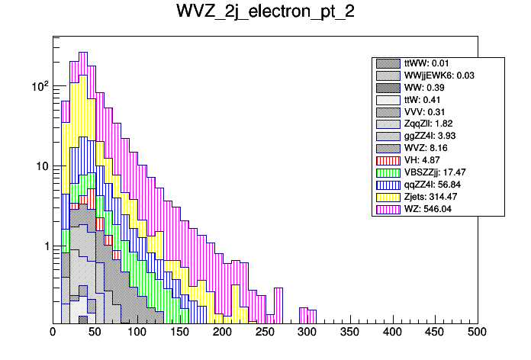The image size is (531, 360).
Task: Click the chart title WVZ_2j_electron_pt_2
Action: [x=265, y=13]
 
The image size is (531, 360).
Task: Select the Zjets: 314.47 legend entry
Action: [x=436, y=196]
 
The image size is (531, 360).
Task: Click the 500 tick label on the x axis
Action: [x=477, y=333]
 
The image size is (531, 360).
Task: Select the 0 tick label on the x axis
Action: [x=53, y=333]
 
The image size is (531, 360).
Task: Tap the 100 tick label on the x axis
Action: [x=137, y=333]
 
